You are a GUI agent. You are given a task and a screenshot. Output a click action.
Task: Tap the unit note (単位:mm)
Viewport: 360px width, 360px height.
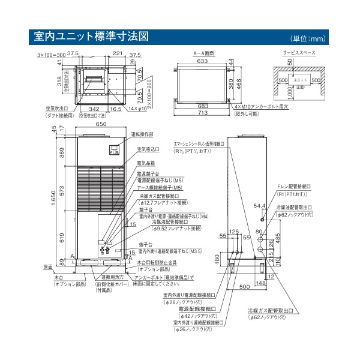pyautogui.click(x=319, y=39)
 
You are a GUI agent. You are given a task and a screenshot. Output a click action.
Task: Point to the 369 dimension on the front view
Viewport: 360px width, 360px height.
pyautogui.click(x=62, y=154)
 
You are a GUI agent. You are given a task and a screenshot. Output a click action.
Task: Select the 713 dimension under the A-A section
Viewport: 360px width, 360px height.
pyautogui.click(x=202, y=112)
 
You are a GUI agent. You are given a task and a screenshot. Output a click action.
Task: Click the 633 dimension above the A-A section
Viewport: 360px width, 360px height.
pyautogui.click(x=202, y=60)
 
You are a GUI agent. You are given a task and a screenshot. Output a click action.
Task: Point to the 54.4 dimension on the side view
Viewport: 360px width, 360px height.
pyautogui.click(x=259, y=206)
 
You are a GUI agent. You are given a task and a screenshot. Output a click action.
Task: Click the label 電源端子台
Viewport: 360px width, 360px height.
pyautogui.click(x=151, y=172)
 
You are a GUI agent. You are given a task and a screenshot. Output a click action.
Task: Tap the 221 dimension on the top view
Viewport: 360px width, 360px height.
pyautogui.click(x=116, y=54)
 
